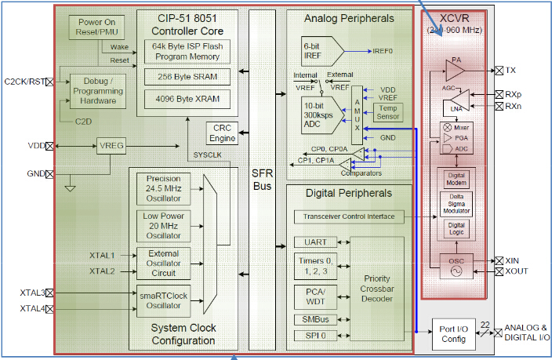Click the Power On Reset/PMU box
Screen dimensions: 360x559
[96, 27]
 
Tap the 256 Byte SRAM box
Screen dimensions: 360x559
[187, 76]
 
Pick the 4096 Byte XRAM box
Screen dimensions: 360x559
[187, 100]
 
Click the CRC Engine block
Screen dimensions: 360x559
[222, 133]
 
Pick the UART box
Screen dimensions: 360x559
[315, 242]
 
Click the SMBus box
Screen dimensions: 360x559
[315, 318]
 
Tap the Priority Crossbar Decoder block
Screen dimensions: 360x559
[377, 289]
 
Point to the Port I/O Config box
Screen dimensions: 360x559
[455, 333]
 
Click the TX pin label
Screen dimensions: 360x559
[510, 71]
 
